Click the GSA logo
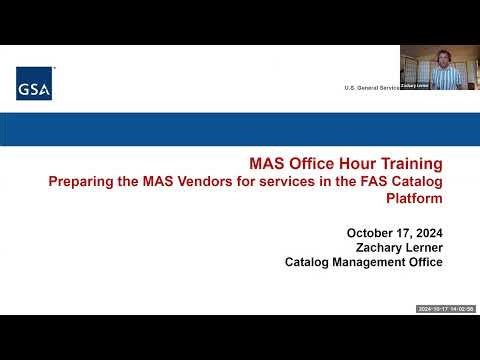[x=33, y=87]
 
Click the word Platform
[x=414, y=198]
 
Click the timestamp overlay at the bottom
[x=445, y=309]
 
